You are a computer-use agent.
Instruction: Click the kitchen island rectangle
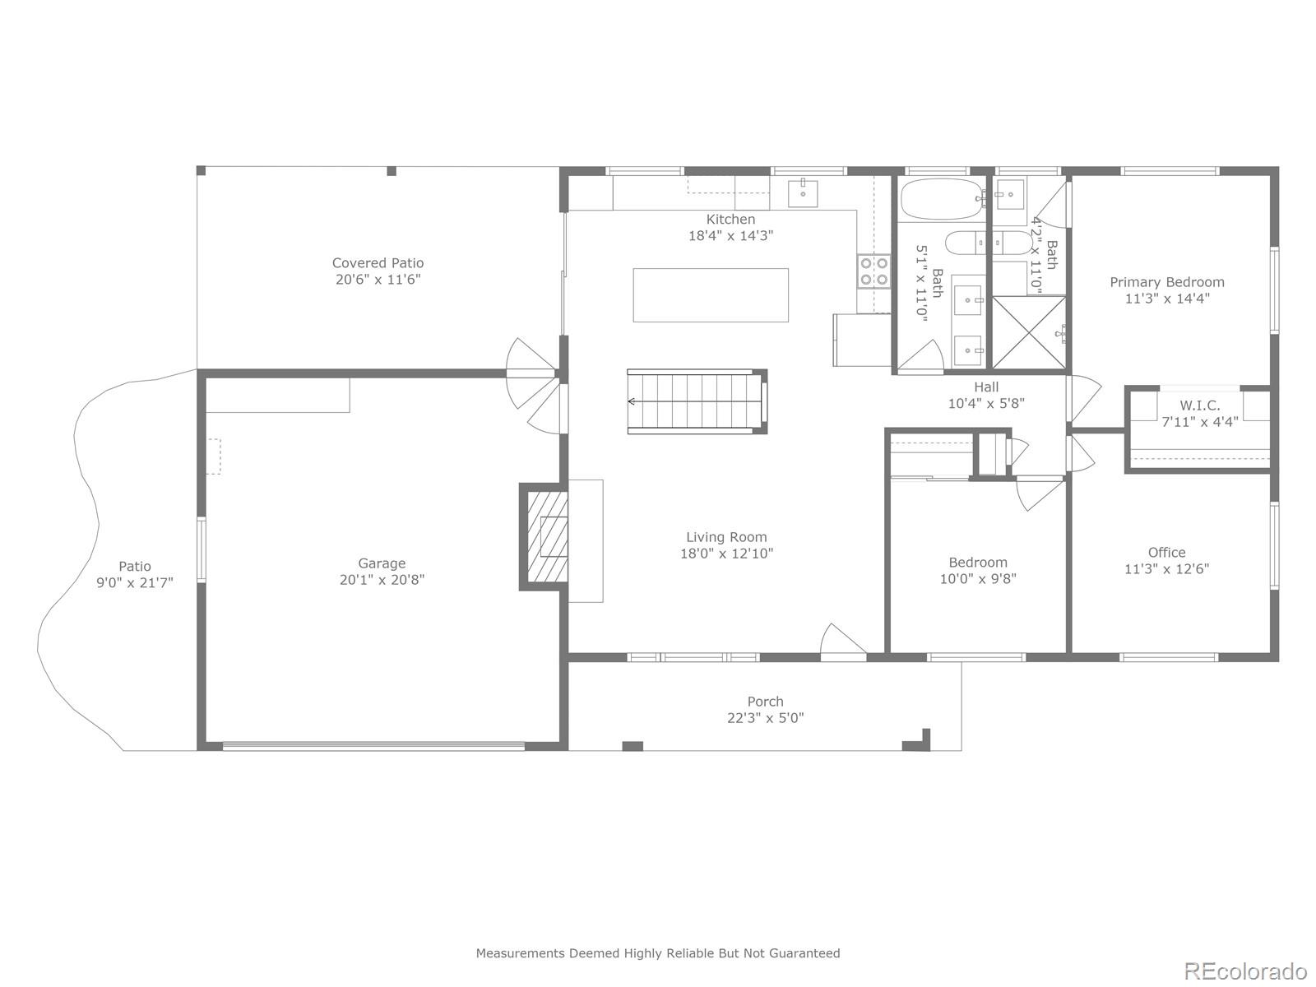pos(711,294)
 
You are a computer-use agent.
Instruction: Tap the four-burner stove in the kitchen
pos(873,271)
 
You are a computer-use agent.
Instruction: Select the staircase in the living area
pos(696,401)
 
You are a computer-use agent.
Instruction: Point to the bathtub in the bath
pos(940,199)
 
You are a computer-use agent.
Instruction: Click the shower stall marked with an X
pos(1029,332)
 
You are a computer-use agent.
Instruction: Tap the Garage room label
pos(382,563)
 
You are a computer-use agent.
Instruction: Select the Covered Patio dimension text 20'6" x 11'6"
pos(378,280)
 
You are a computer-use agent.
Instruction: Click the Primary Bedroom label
pos(1166,282)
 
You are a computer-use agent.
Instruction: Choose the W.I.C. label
pos(1199,405)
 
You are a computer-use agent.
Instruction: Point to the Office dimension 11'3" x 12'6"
pos(1166,568)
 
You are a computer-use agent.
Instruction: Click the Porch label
pos(765,702)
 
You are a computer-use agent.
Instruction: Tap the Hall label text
pos(986,387)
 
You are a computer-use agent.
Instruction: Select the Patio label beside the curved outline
pos(135,566)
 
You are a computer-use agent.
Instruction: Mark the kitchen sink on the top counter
pos(803,193)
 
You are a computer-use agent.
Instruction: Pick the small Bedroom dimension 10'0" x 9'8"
pos(978,578)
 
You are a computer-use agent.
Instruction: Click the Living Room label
pos(726,537)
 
